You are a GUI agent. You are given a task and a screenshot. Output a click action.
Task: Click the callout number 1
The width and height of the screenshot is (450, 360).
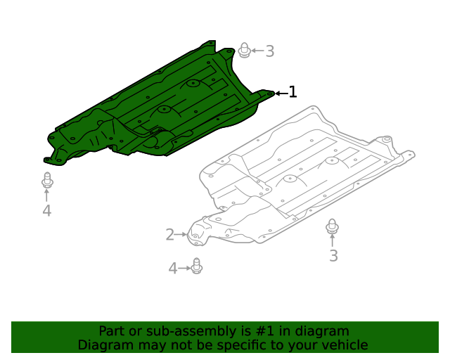(x=292, y=92)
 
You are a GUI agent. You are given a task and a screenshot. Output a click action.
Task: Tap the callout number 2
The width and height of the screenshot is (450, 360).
(x=169, y=234)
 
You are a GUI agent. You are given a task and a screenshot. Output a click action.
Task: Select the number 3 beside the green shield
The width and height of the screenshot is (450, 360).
(x=269, y=51)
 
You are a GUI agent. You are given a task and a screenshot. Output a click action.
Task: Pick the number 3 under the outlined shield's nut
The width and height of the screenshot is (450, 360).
(x=333, y=256)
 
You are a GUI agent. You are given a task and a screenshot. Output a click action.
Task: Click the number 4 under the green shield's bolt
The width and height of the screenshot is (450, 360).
(x=46, y=211)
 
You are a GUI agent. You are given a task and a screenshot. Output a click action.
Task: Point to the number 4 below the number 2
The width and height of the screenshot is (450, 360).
(x=173, y=268)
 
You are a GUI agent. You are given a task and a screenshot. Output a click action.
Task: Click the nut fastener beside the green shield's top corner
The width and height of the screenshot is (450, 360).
(x=244, y=51)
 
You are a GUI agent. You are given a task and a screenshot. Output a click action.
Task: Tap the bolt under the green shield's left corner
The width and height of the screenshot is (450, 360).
(x=47, y=180)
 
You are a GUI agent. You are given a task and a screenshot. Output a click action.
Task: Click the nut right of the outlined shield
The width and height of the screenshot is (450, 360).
(x=333, y=226)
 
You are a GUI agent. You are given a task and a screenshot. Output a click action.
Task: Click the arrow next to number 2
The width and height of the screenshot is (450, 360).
(x=181, y=235)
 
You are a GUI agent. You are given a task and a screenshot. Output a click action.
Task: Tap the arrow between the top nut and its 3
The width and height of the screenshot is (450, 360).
(x=257, y=51)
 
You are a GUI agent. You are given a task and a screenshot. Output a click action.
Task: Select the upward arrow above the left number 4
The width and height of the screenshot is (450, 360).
(x=47, y=195)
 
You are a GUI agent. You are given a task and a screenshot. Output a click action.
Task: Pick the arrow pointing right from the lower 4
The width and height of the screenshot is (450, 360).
(x=185, y=268)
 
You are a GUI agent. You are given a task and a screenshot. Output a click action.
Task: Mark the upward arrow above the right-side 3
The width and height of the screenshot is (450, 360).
(x=333, y=241)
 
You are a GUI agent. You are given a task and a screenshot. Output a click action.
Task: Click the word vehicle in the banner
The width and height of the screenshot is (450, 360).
(x=342, y=345)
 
